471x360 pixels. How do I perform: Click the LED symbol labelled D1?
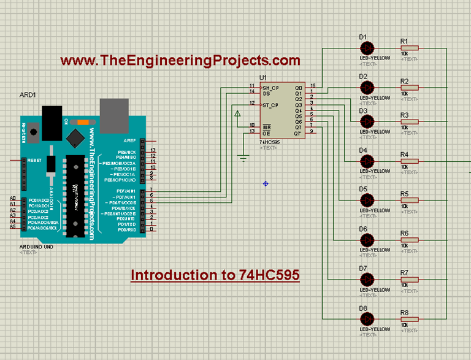[367, 48]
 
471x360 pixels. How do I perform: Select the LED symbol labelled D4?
[367, 161]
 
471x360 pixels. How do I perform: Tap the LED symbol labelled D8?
[367, 319]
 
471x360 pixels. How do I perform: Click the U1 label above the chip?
[264, 78]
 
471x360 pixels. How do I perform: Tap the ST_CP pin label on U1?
[270, 105]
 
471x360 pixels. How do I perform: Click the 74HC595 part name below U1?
[270, 142]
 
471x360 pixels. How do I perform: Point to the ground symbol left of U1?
[243, 159]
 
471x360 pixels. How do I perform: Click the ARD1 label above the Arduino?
[28, 96]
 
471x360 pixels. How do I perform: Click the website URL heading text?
[180, 60]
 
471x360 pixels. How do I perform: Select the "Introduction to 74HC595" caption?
[215, 275]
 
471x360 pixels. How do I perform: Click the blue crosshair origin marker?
[266, 183]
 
